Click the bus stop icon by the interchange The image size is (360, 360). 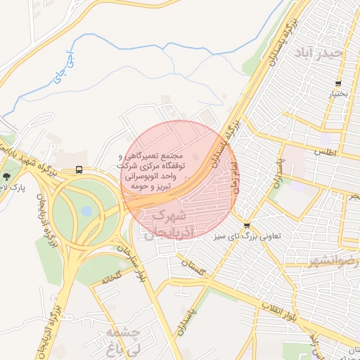(78, 170)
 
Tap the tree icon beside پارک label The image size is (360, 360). (7, 176)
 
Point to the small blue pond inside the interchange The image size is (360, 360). (86, 210)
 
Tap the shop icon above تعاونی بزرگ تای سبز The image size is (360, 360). (247, 226)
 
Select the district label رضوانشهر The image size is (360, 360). (332, 262)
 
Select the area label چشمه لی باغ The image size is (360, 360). (124, 338)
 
